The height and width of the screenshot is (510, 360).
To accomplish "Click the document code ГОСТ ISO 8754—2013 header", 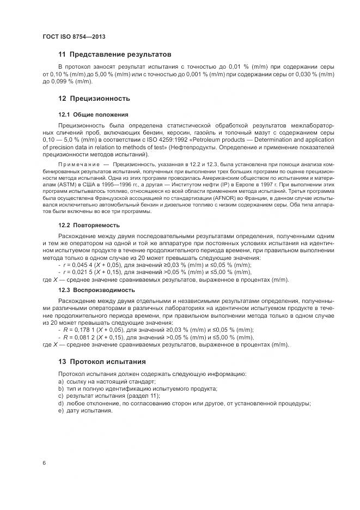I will coord(73,37).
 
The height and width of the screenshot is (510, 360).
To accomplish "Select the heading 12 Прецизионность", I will coord(94,99).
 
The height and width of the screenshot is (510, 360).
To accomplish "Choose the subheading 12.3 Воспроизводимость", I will coord(96,290).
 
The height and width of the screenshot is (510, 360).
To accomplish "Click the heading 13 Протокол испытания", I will coord(102,362).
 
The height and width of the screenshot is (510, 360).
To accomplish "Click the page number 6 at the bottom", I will coord(44,463).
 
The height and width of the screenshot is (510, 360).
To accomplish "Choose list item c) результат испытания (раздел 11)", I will coord(108,396).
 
